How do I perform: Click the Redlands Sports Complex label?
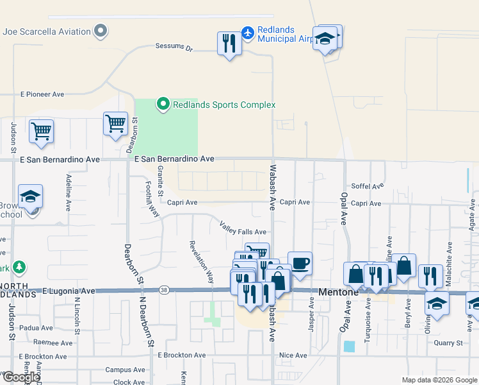tap(223, 105)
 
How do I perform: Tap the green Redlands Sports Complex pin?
tap(163, 104)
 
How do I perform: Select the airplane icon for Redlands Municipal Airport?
tap(248, 31)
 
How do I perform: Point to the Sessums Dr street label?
tap(174, 47)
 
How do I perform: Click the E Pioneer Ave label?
tap(42, 94)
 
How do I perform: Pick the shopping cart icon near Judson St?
tap(41, 131)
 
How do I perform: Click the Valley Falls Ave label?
tap(243, 228)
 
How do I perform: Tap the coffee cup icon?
tap(300, 262)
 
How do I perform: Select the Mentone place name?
tap(339, 292)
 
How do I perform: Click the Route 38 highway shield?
tap(165, 291)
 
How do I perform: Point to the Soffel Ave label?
tap(367, 186)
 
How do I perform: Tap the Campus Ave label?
tap(126, 370)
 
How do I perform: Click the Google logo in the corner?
tap(21, 377)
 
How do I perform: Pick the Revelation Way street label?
tap(200, 262)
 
